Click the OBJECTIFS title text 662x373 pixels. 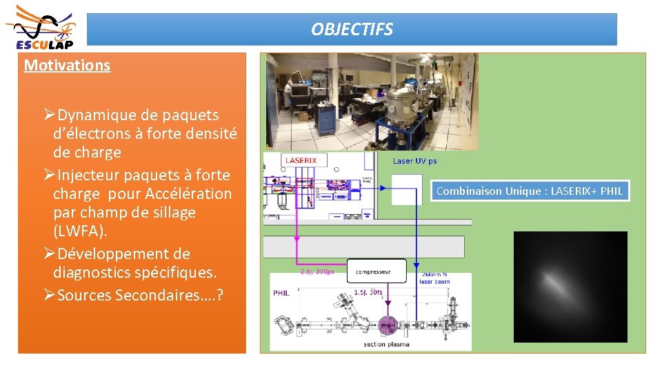tap(352, 30)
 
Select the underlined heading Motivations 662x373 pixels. tap(67, 66)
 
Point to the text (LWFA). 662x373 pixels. tap(80, 231)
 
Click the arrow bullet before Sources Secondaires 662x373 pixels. tap(49, 295)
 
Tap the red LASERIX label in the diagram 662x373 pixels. tap(301, 160)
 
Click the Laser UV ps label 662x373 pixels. tap(414, 161)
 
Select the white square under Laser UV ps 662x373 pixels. tap(406, 189)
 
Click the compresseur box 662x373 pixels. tap(372, 271)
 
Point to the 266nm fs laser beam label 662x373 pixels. tap(435, 278)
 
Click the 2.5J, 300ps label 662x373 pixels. tap(317, 271)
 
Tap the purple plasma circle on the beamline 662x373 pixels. tap(388, 324)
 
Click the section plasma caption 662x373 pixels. tap(386, 344)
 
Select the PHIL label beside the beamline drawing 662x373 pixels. tap(281, 293)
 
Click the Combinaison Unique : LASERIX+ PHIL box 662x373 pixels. tap(530, 191)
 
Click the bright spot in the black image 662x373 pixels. tap(559, 283)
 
